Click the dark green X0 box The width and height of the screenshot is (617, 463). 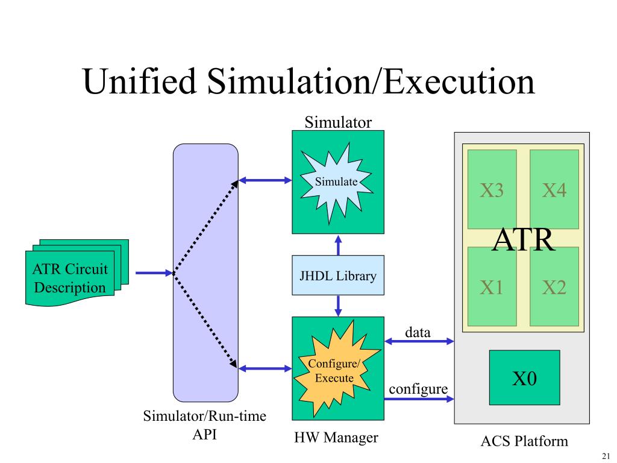point(524,378)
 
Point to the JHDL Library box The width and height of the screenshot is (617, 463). point(338,276)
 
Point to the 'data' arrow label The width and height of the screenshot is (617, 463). point(418,332)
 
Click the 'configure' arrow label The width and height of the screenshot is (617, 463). point(418,389)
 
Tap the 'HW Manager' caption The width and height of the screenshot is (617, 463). point(336,438)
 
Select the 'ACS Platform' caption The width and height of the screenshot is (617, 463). point(524,441)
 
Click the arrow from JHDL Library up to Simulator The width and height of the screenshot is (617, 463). point(338,245)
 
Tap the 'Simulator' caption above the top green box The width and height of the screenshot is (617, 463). point(338,122)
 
